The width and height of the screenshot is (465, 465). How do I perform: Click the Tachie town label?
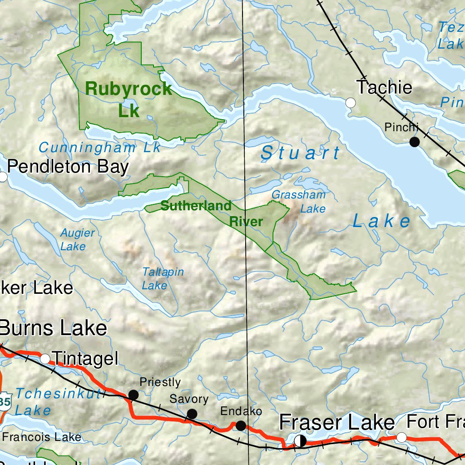pyautogui.click(x=384, y=87)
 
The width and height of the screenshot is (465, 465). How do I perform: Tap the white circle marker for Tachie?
pyautogui.click(x=351, y=103)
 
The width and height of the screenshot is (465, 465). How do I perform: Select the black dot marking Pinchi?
pyautogui.click(x=415, y=142)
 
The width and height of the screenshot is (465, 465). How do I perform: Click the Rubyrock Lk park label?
pyautogui.click(x=129, y=99)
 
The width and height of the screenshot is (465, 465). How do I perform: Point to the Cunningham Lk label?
pyautogui.click(x=99, y=148)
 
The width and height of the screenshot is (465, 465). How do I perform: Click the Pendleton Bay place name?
pyautogui.click(x=68, y=167)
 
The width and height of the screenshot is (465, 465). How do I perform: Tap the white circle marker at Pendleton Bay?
pyautogui.click(x=3, y=177)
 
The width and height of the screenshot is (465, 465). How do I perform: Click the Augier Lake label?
pyautogui.click(x=78, y=240)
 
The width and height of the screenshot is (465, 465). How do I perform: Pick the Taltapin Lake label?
pyautogui.click(x=163, y=278)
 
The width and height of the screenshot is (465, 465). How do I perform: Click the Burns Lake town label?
pyautogui.click(x=54, y=328)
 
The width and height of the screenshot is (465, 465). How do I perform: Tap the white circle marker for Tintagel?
pyautogui.click(x=45, y=359)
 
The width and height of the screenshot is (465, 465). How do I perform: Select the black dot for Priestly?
pyautogui.click(x=133, y=395)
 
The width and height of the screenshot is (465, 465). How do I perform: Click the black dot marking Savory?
pyautogui.click(x=192, y=414)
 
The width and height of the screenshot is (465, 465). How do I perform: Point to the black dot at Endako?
pyautogui.click(x=241, y=425)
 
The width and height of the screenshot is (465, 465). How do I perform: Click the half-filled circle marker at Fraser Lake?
pyautogui.click(x=300, y=440)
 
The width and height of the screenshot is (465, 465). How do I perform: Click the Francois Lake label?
pyautogui.click(x=42, y=437)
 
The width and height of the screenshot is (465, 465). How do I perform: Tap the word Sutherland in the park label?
pyautogui.click(x=196, y=206)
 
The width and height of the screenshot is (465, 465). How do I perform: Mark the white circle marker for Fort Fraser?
pyautogui.click(x=401, y=437)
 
